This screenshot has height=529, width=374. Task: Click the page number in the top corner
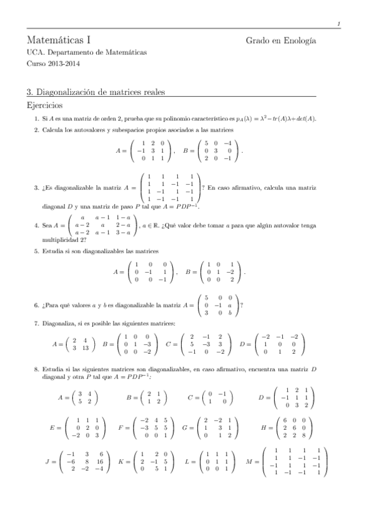pyautogui.click(x=338, y=24)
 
